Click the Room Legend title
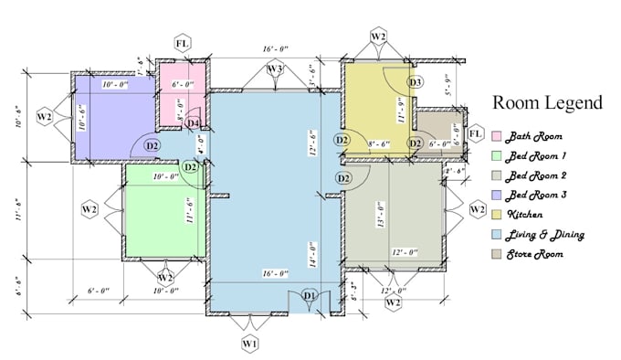(547, 103)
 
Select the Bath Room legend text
(531, 136)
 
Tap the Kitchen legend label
(526, 215)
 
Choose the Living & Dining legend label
(546, 235)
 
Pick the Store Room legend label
(534, 254)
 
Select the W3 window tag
(274, 69)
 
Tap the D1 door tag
(309, 295)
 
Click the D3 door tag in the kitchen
(415, 83)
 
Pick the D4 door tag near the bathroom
(193, 123)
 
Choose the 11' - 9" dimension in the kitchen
(400, 111)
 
